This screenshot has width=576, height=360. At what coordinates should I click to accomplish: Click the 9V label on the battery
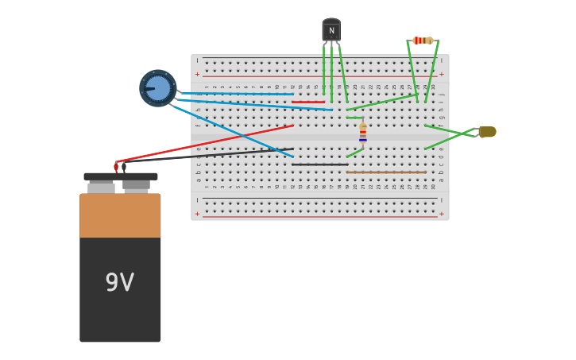120,282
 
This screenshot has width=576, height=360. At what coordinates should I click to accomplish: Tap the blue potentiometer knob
158,88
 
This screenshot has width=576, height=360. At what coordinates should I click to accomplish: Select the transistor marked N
331,30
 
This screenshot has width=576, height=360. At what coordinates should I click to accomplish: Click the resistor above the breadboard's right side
423,41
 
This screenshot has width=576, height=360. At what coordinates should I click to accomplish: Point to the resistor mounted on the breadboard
363,132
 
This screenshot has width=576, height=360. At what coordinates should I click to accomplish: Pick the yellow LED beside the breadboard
487,132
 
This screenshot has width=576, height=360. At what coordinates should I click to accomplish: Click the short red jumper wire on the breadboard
308,102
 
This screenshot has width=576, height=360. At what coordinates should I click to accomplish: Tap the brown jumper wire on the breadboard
386,172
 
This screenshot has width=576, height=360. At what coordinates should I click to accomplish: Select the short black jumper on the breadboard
320,165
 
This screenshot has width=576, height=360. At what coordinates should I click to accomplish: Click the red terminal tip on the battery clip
116,167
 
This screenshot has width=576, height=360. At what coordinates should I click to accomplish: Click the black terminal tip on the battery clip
124,167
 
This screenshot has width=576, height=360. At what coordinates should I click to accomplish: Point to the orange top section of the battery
120,215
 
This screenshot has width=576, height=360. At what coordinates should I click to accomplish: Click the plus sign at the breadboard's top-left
197,74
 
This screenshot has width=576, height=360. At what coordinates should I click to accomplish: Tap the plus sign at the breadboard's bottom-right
442,213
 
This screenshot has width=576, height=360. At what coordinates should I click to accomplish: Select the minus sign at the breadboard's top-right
442,60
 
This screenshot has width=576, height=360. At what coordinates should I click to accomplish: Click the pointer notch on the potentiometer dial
149,89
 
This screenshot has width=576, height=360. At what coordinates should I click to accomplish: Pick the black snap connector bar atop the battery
121,176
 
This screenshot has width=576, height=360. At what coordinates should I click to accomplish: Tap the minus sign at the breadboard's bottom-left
197,199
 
